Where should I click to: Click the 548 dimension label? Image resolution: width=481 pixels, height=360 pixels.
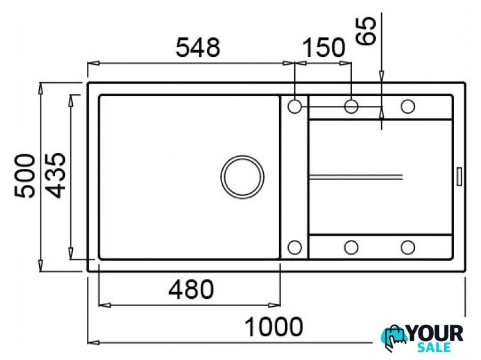[198, 48]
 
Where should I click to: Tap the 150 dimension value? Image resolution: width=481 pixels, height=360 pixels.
[324, 48]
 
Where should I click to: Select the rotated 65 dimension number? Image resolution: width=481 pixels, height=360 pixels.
[366, 31]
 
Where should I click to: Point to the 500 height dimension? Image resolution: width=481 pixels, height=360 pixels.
[25, 176]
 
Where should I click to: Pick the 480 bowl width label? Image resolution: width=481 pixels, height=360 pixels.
[191, 290]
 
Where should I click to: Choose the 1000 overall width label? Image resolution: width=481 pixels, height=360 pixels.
[274, 327]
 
